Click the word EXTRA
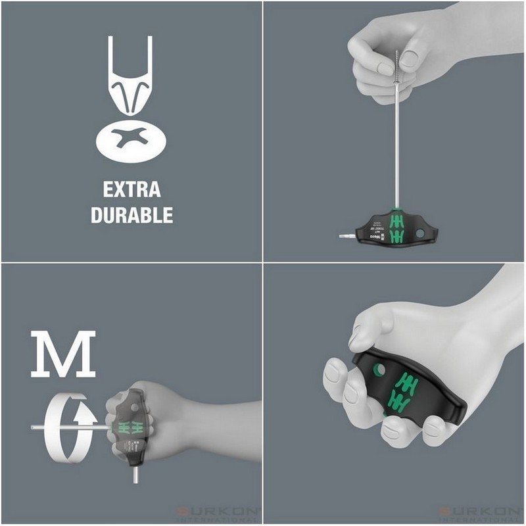point(131,190)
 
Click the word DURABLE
point(131,215)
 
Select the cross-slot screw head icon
point(131,139)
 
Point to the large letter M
point(63,354)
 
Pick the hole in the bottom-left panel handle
point(134,408)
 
